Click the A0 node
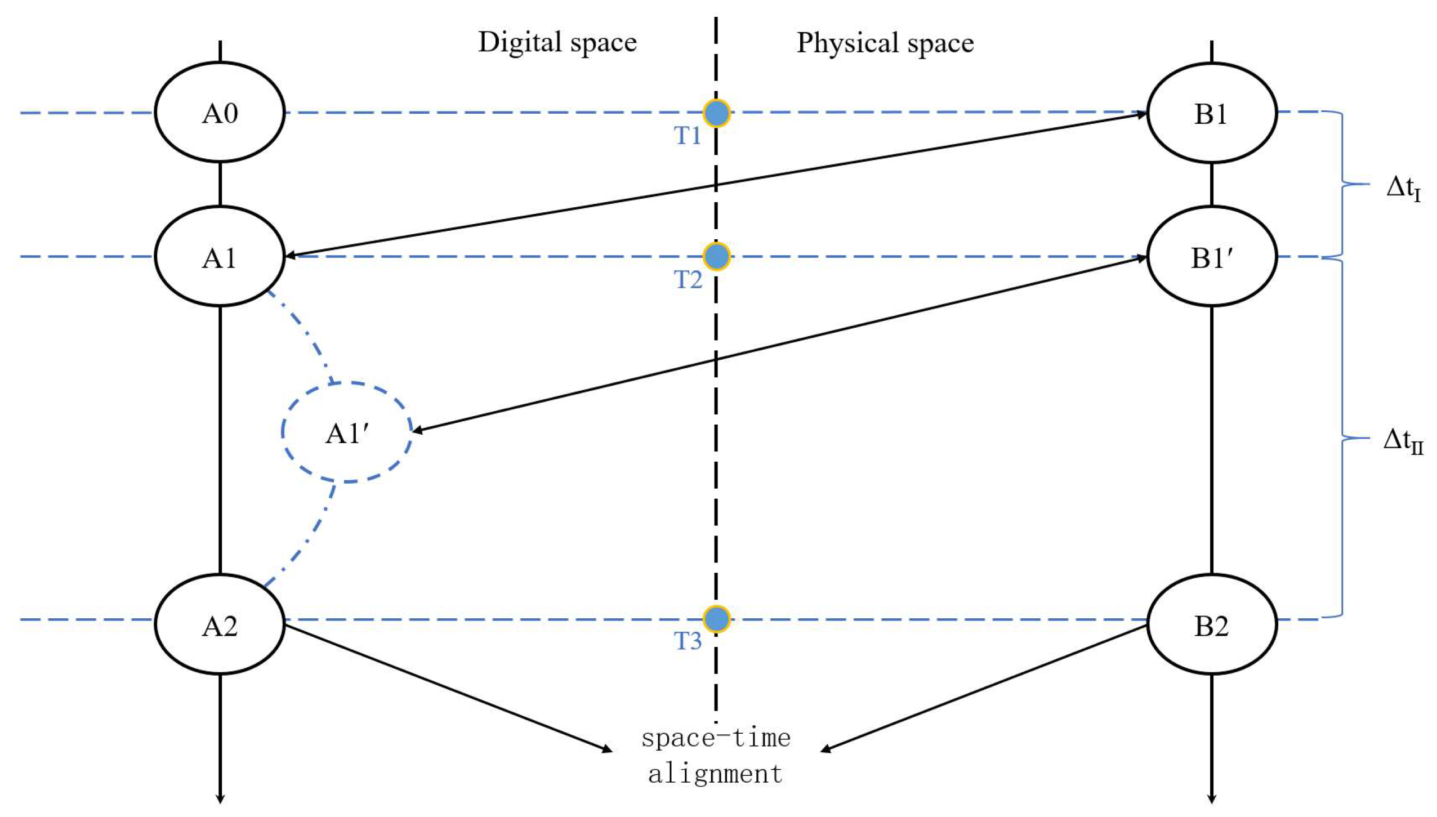[x=220, y=113]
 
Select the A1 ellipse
[x=220, y=257]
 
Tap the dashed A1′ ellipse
[x=347, y=432]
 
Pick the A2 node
[x=220, y=624]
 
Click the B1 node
[x=1211, y=113]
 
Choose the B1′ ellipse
[x=1211, y=257]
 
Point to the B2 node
[x=1211, y=624]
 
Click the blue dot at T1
[x=716, y=113]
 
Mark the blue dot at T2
[x=716, y=257]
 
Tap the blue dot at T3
[x=716, y=619]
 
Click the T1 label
[x=688, y=136]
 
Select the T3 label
[x=688, y=641]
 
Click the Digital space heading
[x=557, y=43]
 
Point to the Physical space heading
[x=885, y=43]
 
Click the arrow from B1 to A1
[x=715, y=185]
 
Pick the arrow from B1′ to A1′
[x=777, y=345]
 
